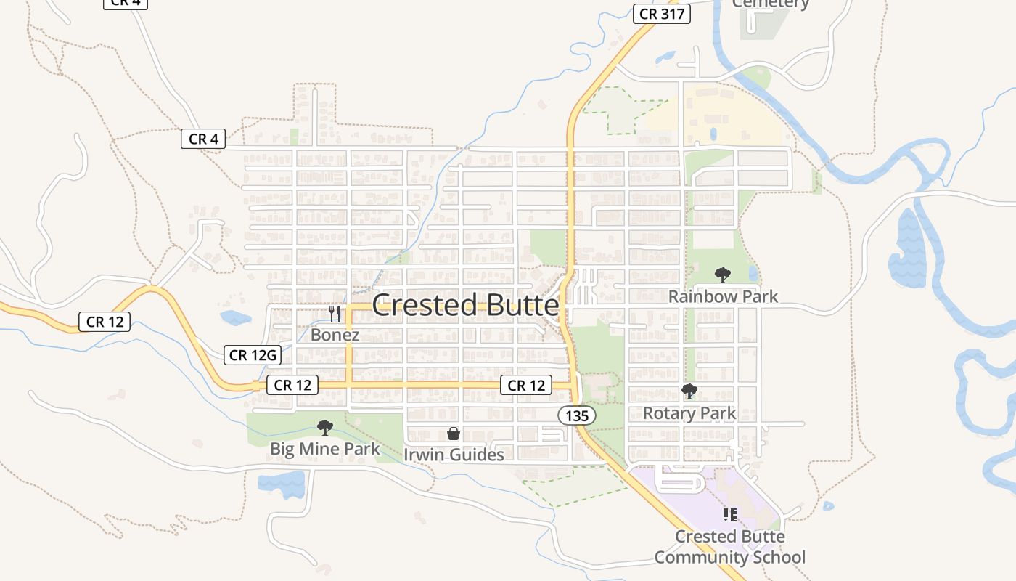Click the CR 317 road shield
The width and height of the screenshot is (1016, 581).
661,14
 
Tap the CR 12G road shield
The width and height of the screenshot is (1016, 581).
252,355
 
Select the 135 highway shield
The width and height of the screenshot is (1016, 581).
577,415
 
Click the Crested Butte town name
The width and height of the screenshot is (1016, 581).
465,306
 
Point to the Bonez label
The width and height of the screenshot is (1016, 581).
335,335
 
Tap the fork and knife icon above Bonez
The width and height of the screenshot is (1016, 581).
335,314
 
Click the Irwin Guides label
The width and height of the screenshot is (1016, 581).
454,455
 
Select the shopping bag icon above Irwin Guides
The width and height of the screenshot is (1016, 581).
454,434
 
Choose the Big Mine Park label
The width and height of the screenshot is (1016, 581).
324,449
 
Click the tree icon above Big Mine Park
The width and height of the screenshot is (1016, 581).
325,427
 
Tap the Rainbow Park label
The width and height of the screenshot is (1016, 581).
723,296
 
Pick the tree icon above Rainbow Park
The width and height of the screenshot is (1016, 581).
722,275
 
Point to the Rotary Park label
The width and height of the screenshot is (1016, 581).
689,413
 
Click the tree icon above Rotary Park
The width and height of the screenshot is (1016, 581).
689,392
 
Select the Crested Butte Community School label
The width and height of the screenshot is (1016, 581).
729,547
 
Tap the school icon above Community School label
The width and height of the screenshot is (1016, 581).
730,515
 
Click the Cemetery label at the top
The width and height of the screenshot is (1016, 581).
770,4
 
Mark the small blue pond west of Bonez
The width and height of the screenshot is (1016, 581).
235,317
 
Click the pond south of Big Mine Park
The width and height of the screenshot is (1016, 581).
282,484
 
